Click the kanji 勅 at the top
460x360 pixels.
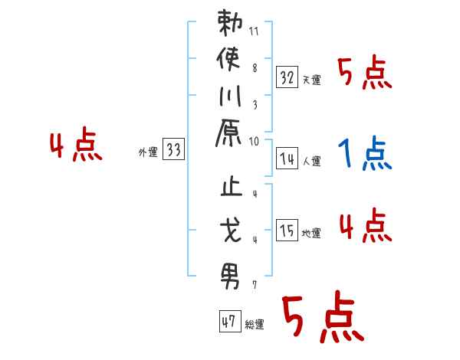[230, 23]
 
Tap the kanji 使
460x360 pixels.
[228, 59]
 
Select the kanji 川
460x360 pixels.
[230, 97]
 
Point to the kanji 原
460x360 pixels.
[228, 133]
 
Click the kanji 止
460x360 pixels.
[232, 186]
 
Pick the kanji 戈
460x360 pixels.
[231, 231]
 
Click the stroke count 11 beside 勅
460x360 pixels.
[254, 31]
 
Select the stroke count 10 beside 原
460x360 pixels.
[254, 142]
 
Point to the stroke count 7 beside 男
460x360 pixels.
[255, 285]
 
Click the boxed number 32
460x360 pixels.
[287, 77]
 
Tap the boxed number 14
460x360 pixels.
[287, 159]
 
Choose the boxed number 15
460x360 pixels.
[287, 230]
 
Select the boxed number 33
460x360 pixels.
[174, 149]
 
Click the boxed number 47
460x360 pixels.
[230, 321]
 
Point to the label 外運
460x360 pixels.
[148, 152]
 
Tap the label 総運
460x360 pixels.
[255, 325]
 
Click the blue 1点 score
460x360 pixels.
[365, 152]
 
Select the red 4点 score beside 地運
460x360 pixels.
[366, 225]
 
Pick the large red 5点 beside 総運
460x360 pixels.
[324, 316]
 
